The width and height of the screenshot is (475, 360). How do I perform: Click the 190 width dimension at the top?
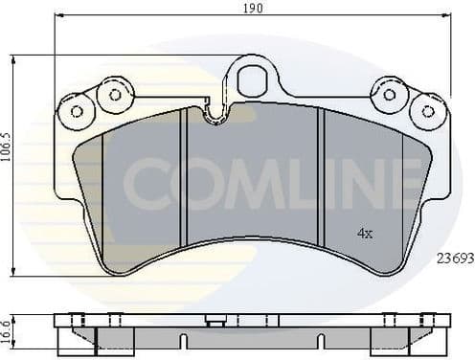pyautogui.click(x=253, y=8)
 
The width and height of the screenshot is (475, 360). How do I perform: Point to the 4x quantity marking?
pyautogui.click(x=364, y=233)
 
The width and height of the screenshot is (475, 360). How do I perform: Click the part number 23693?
pyautogui.click(x=455, y=259)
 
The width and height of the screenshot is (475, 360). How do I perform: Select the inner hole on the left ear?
pyautogui.click(x=115, y=94)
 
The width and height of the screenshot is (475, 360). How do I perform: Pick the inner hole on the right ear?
pyautogui.click(x=389, y=94)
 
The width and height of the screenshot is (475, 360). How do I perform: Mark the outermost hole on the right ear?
pyautogui.click(x=429, y=111)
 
